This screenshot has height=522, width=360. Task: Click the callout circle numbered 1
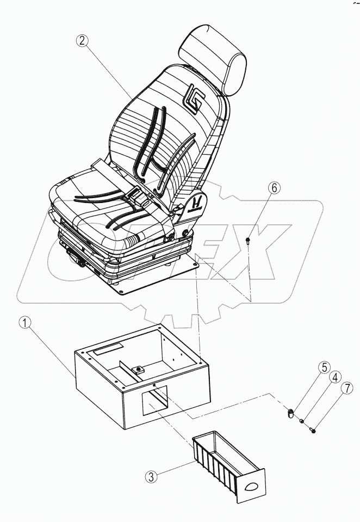pos(26,323)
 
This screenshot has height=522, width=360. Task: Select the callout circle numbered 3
pos(152,477)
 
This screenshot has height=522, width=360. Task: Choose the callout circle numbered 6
pos(274,188)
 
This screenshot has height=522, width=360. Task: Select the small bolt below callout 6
pos(247,240)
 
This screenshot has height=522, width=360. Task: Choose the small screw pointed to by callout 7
pos(313,430)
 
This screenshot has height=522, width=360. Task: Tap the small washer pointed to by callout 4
pos(302,421)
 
